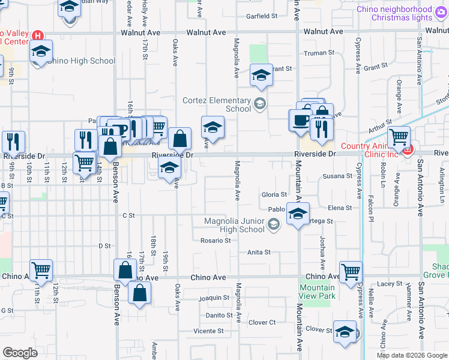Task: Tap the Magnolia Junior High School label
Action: [x=234, y=225]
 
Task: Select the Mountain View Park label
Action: [x=317, y=292]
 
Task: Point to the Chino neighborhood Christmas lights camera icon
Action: [x=442, y=10]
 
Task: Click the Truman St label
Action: [x=319, y=53]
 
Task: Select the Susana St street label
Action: [x=337, y=176]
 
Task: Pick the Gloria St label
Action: [x=274, y=194]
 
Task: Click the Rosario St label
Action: [x=215, y=241]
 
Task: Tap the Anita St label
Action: [x=259, y=253]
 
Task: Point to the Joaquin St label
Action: [x=214, y=298]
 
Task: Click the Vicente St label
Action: [x=208, y=331]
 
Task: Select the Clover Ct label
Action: [x=262, y=322]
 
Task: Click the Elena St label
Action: [x=340, y=208]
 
